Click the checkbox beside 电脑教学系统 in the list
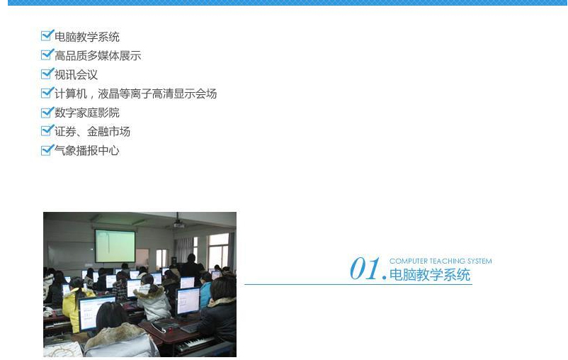47,35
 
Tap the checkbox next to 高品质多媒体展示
47,55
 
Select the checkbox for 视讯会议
47,74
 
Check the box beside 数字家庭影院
47,112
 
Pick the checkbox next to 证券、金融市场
47,130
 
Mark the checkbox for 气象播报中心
47,150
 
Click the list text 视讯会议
76,74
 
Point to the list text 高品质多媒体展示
98,56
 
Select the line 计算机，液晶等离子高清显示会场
136,94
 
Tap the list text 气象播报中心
87,150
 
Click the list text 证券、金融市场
92,132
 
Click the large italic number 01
365,269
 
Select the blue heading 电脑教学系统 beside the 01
430,275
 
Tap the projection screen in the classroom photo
115,246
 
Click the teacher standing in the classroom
190,266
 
